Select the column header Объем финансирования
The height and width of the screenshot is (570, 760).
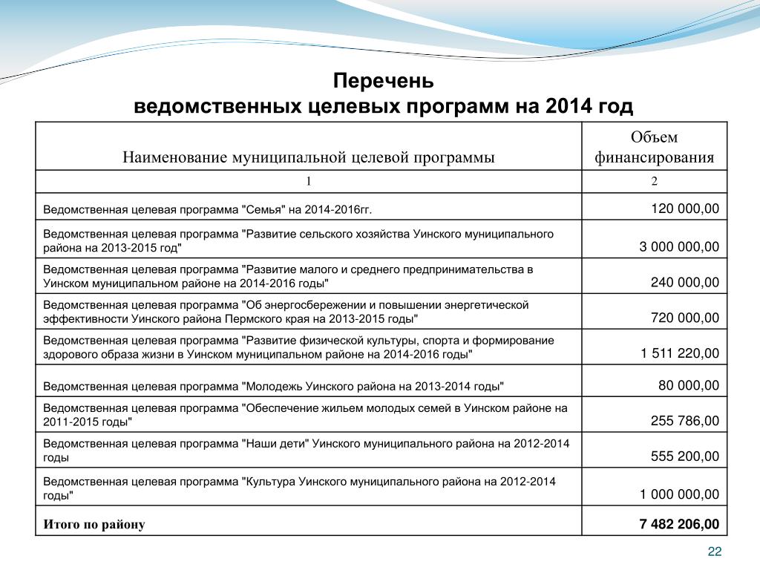point(654,147)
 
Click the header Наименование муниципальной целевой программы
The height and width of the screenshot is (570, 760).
point(308,157)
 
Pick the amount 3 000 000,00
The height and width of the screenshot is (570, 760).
point(679,246)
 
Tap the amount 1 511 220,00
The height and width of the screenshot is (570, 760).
point(680,353)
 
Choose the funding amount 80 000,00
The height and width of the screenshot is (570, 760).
point(689,385)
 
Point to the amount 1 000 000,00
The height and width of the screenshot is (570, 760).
point(679,494)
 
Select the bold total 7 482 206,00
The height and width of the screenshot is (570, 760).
point(679,525)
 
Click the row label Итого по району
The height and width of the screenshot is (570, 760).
point(94,525)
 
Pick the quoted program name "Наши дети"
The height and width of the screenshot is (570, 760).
point(275,444)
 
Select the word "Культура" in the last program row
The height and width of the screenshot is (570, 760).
point(270,481)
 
